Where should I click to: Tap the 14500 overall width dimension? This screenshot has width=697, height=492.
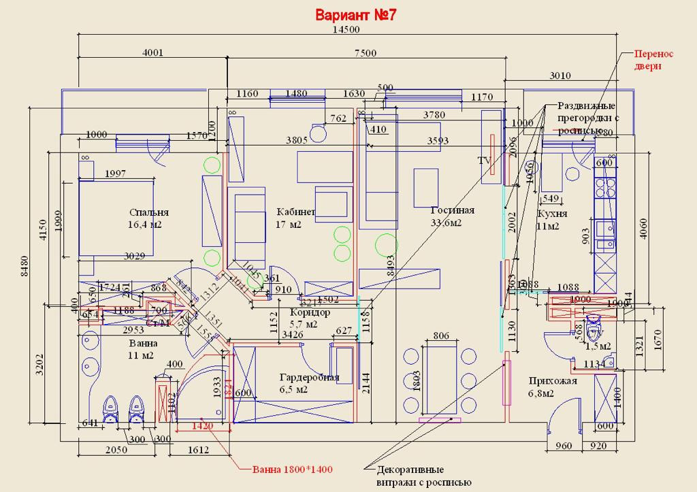(x=346, y=30)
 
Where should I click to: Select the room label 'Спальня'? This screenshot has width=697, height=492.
(x=148, y=212)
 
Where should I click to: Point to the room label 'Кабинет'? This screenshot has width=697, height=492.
(x=295, y=212)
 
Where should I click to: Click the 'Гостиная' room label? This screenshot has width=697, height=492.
(x=453, y=210)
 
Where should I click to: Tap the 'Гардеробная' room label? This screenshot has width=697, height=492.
(x=309, y=378)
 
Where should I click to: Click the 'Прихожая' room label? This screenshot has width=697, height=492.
(x=553, y=381)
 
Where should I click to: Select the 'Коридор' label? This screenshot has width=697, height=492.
(x=310, y=313)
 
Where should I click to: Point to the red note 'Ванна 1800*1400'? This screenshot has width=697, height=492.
(x=293, y=470)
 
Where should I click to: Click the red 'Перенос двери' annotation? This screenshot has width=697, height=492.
(x=653, y=60)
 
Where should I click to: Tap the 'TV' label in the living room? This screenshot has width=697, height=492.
(x=485, y=161)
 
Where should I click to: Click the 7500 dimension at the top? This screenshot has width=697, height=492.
(x=366, y=54)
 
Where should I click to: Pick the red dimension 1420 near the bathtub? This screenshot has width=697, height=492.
(x=202, y=427)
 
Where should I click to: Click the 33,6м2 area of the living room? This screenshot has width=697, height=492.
(x=447, y=223)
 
